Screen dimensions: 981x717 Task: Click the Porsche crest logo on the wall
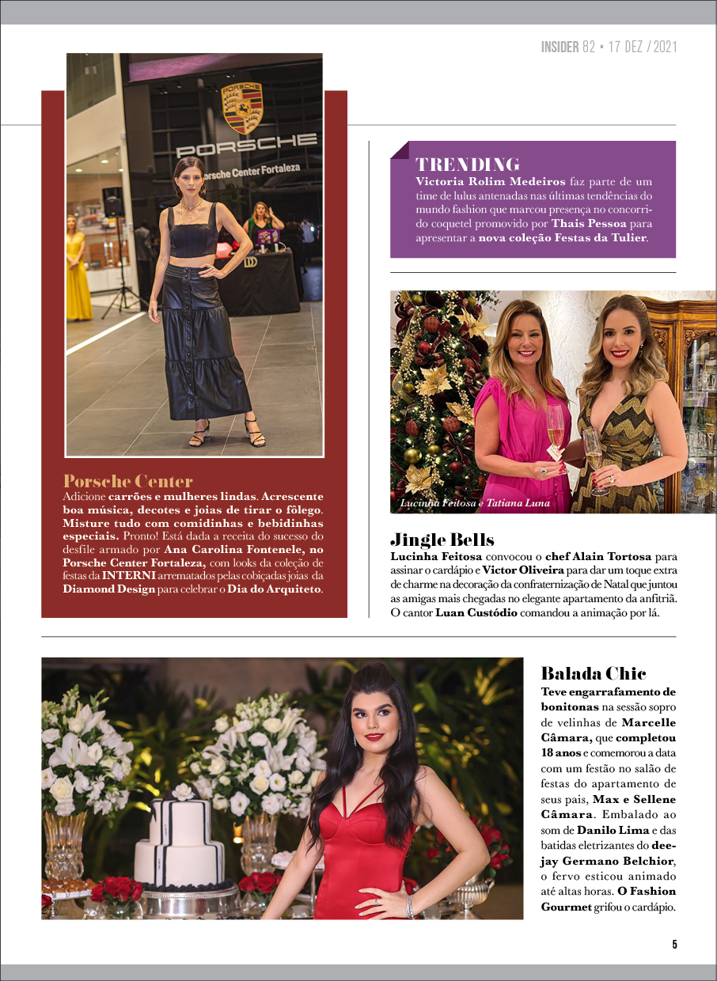[242, 108]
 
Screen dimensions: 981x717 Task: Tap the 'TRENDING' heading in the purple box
[467, 165]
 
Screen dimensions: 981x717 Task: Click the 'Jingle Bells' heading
[442, 540]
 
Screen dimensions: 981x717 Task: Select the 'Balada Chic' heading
[594, 673]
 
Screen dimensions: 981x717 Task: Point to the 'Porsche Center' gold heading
[127, 481]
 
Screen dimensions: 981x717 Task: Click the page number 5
[674, 944]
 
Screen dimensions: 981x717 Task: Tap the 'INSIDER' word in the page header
[560, 47]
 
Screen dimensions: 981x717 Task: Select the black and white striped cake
[180, 834]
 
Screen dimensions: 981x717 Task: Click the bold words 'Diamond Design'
[109, 589]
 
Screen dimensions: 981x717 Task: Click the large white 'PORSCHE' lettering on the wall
[245, 146]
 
